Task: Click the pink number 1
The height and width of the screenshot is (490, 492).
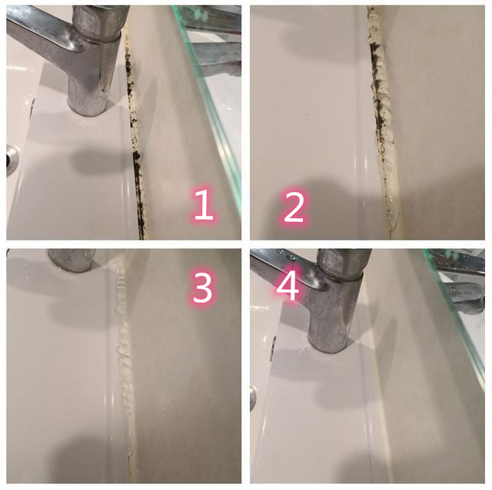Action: point(202,207)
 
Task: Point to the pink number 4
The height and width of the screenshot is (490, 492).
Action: point(288,286)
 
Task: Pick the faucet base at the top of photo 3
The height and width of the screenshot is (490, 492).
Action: point(72,260)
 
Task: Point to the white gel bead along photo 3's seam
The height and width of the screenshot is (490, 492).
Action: point(123,346)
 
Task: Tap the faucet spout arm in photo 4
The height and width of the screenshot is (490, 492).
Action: point(281,265)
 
